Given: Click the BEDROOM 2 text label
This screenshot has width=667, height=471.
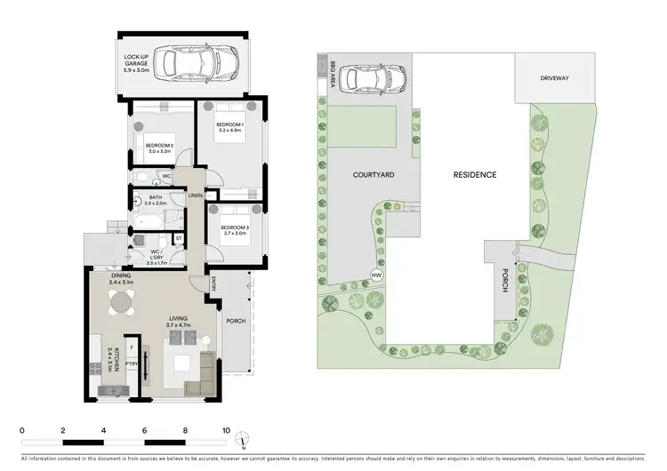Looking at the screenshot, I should (160, 148).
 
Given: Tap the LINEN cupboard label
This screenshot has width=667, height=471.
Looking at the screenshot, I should (196, 195).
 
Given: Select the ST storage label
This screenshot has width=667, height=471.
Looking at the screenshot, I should (178, 237).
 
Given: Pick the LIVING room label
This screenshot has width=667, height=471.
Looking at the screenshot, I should (179, 323).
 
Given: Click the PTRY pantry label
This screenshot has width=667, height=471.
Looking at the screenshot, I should (131, 363).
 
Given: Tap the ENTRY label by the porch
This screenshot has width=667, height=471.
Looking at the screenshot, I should (213, 283).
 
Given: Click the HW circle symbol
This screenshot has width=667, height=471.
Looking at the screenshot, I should (376, 275).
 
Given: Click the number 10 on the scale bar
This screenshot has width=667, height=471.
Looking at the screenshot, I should (226, 430).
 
